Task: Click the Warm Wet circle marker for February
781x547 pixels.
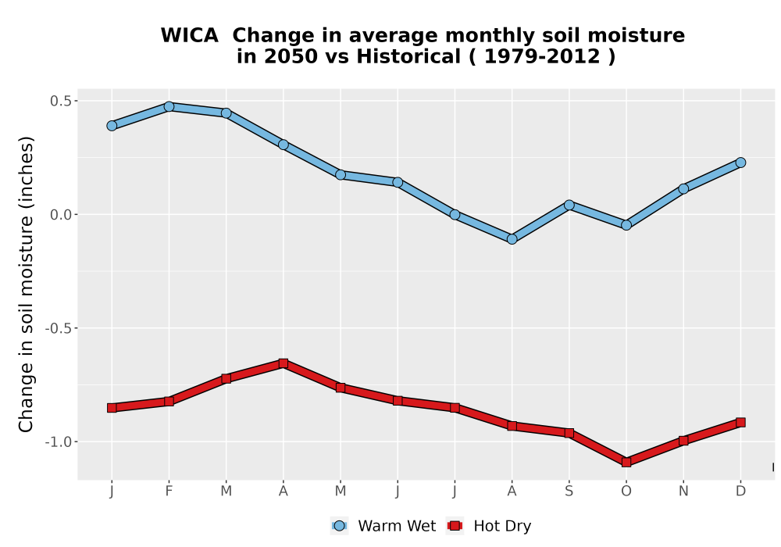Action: (169, 106)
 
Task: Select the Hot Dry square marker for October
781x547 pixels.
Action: (626, 463)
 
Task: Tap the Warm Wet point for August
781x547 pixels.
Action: (512, 239)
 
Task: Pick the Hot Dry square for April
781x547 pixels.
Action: (283, 363)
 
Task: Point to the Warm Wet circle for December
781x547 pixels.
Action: (740, 163)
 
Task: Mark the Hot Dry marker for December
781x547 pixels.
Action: (740, 423)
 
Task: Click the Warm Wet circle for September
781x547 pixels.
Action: (569, 205)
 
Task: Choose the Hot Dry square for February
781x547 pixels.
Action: (169, 401)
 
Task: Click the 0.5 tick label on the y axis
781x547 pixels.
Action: (61, 101)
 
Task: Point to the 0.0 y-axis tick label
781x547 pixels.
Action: (61, 215)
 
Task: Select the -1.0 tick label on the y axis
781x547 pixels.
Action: (59, 442)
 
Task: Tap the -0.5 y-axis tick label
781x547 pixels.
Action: (59, 328)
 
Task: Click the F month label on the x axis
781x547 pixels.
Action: (169, 492)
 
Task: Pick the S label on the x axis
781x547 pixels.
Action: (569, 492)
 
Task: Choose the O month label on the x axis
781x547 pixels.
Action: (626, 492)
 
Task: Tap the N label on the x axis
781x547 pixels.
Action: (683, 492)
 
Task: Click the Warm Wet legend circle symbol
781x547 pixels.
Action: (339, 526)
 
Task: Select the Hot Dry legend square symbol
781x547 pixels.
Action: (455, 526)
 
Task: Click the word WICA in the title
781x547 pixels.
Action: (189, 36)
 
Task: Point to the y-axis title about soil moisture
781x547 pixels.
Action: (26, 284)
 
